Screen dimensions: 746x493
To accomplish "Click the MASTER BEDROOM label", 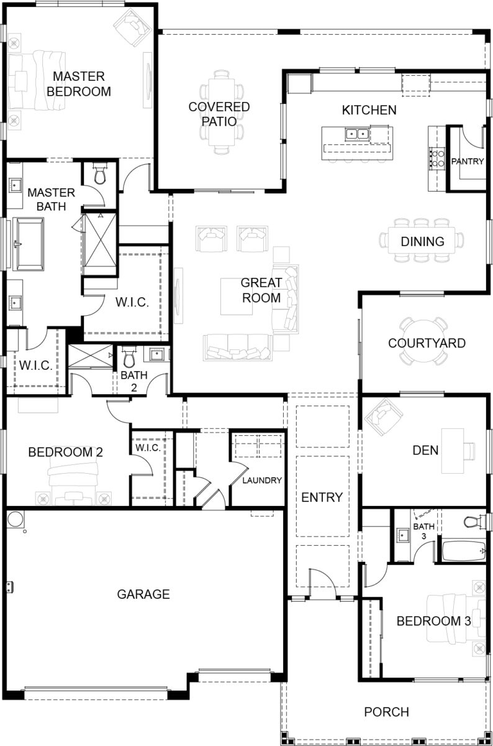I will pos(81,84).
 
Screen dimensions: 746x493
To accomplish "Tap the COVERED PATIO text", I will pos(219,114).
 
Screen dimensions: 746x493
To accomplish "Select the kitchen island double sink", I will pos(357,132).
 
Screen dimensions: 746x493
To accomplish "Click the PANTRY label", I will pos(468,161).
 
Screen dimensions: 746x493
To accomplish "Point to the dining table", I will pos(422,241).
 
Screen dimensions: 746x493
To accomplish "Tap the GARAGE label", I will pos(143,594).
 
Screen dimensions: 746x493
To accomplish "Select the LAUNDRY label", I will pos(262,480).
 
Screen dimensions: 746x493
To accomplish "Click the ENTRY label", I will pos(322,497).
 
